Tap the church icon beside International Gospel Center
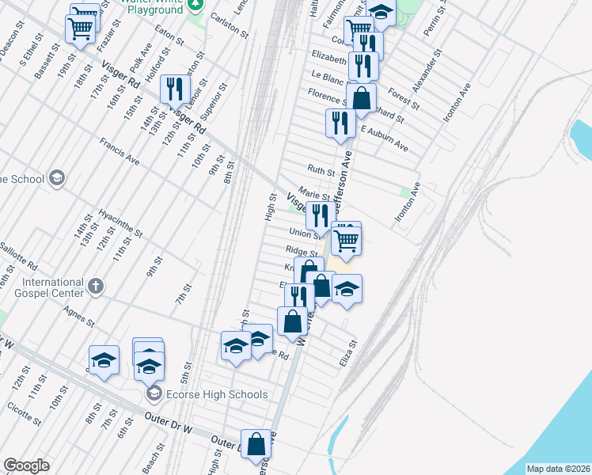tap(95, 287)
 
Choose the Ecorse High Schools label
tap(216, 394)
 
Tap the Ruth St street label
tap(321, 169)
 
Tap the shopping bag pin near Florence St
tap(361, 99)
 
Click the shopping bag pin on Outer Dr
tap(256, 444)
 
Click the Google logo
tap(25, 465)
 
